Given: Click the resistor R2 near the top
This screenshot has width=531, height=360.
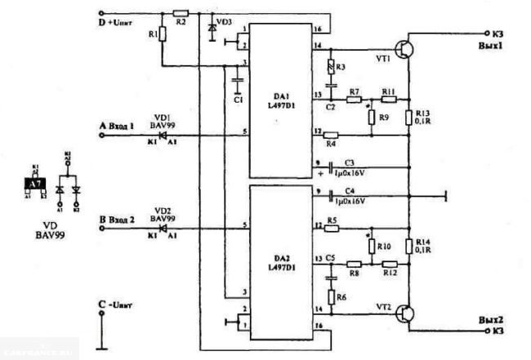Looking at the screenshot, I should pos(181,13).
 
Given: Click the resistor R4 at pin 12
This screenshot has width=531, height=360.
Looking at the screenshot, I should pos(330,135).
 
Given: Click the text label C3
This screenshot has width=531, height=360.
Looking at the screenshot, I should pos(349,162).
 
